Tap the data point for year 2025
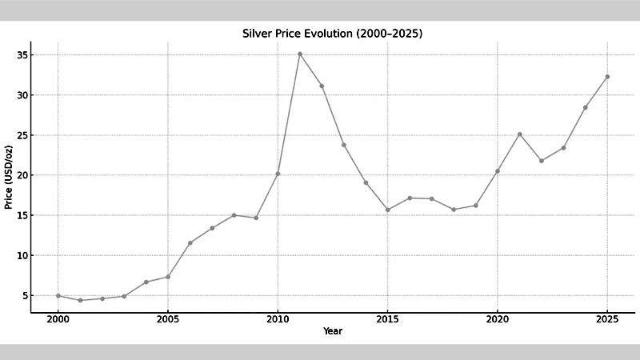[x=607, y=77]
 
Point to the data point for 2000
[x=58, y=296]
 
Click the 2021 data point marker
[x=519, y=134]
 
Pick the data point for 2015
[x=388, y=210]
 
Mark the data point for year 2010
[x=278, y=174]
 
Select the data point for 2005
[x=168, y=277]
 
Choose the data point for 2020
[x=498, y=171]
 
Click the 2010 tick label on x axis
[x=278, y=318]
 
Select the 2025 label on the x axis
[x=607, y=318]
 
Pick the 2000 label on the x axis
[x=58, y=318]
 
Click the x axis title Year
[x=332, y=330]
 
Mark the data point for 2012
[x=322, y=86]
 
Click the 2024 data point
[x=586, y=107]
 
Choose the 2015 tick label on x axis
[x=388, y=318]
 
